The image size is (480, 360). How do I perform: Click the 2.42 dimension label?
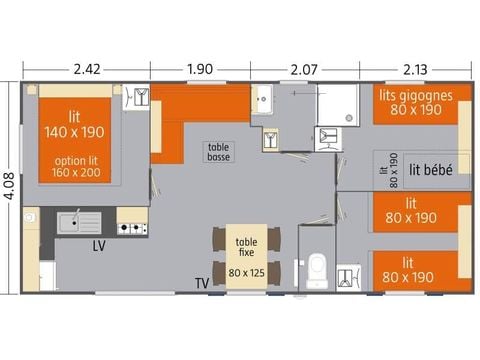coord(88,69)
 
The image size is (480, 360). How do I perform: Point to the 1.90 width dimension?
coord(200,69)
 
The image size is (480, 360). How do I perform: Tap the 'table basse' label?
coord(218,152)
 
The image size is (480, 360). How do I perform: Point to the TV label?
coord(203,283)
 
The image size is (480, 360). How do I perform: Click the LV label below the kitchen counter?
coord(99,244)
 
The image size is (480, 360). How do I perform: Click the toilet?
coord(318,267)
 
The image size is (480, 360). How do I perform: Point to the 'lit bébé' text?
coord(432,170)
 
